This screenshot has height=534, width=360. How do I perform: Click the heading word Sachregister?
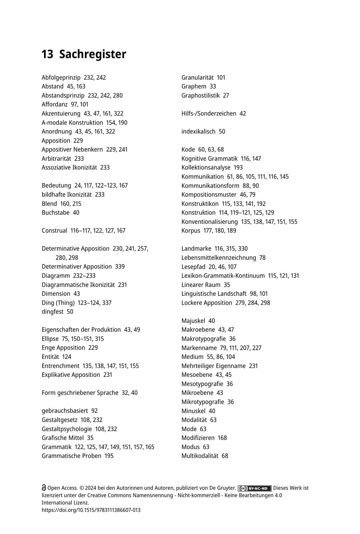(x=93, y=54)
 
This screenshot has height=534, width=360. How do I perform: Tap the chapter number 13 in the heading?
(x=47, y=54)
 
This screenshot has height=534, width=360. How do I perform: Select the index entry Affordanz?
(x=54, y=104)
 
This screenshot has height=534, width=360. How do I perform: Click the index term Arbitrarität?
(x=57, y=158)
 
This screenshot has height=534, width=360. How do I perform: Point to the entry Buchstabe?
(x=55, y=212)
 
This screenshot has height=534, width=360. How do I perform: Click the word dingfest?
(x=53, y=312)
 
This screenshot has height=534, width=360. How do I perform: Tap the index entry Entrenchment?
(x=60, y=366)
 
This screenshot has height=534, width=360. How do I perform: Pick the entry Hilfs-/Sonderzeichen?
(x=209, y=113)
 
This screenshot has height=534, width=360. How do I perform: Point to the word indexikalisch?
(x=198, y=131)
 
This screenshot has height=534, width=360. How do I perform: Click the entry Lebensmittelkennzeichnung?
(x=219, y=258)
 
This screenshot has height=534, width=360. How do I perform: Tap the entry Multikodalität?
(x=200, y=456)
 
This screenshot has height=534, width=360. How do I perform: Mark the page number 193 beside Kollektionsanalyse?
(x=238, y=167)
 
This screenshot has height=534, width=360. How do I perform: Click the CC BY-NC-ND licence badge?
(x=255, y=488)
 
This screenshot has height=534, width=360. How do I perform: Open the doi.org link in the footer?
(x=91, y=510)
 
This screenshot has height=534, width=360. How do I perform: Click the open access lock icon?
(x=44, y=488)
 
